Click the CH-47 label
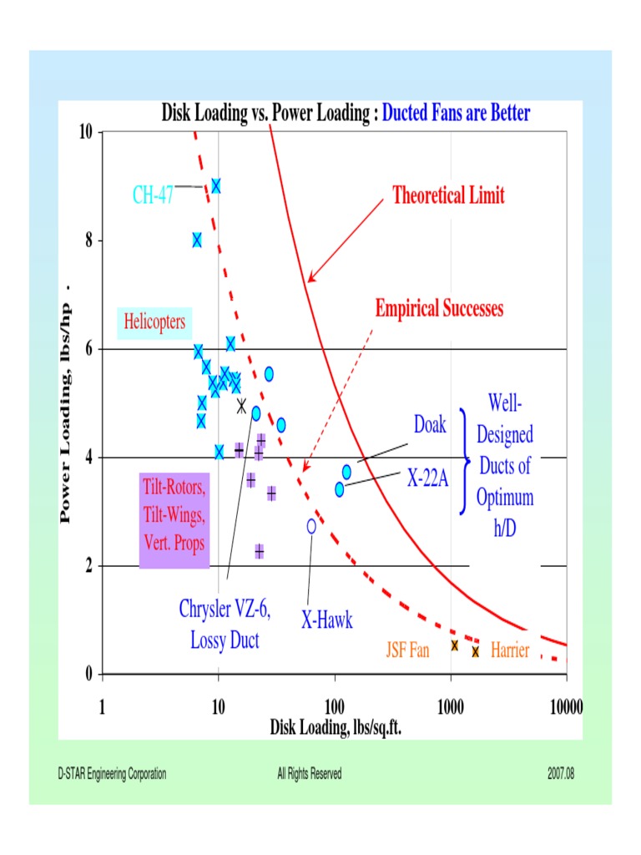click(153, 195)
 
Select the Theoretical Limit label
click(448, 195)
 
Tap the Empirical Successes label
click(439, 308)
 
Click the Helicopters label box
click(154, 321)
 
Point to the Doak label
click(430, 424)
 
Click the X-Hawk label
click(326, 620)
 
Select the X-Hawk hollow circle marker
click(311, 526)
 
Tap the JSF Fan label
click(407, 650)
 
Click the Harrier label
click(510, 650)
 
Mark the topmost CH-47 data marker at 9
click(216, 186)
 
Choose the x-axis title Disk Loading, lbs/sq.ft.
click(336, 727)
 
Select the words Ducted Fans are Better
click(456, 113)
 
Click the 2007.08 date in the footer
click(561, 774)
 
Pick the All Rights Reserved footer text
click(309, 774)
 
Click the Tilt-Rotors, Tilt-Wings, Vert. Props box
click(173, 520)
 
